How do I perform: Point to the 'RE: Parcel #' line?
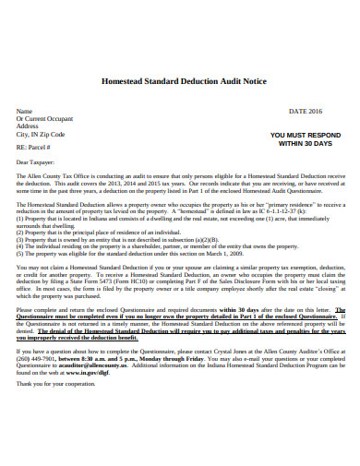(x=34, y=147)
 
